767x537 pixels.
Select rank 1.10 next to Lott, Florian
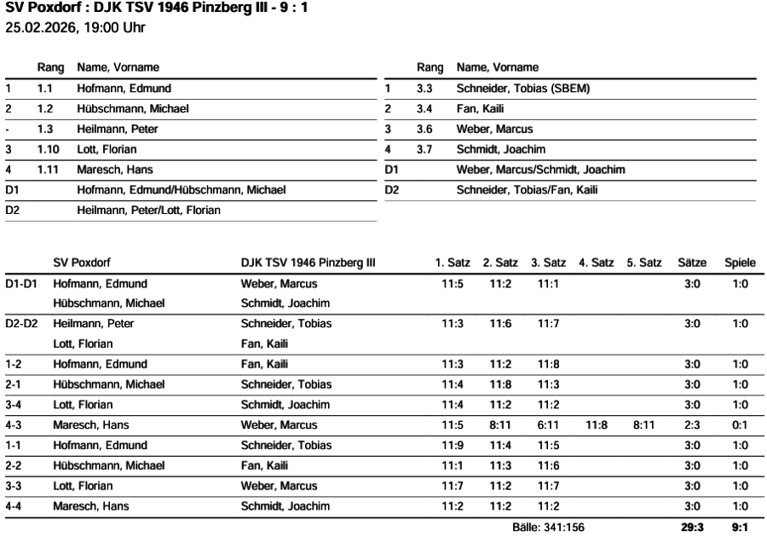pos(49,148)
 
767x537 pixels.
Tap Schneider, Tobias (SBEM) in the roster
pos(522,88)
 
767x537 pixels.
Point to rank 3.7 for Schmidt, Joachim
pos(424,148)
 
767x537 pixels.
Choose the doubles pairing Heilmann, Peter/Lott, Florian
pos(148,210)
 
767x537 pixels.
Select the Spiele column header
pos(740,263)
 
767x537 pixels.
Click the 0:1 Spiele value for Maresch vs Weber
pos(740,424)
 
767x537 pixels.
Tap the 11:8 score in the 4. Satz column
pos(596,424)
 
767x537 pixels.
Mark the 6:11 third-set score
pos(548,424)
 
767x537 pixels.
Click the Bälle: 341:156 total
pos(548,528)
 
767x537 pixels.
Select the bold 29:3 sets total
pos(692,528)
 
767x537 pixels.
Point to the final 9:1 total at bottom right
pos(740,528)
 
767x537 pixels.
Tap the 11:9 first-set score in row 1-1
pos(452,445)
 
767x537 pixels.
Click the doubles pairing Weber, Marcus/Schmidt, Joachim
pos(540,170)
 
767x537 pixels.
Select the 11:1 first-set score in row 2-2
pos(452,465)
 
